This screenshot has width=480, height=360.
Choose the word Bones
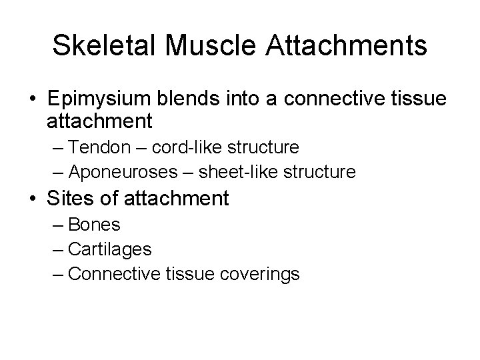pos(94,225)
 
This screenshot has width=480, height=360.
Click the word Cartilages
pos(110,250)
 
